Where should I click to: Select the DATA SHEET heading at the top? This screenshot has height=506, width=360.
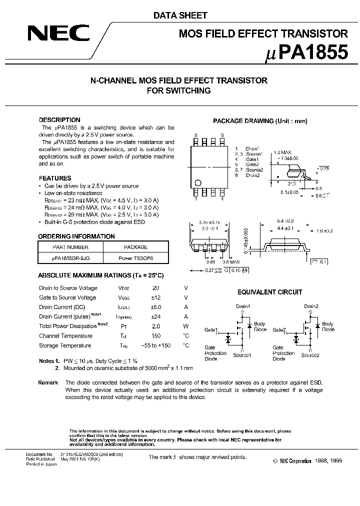coord(180,15)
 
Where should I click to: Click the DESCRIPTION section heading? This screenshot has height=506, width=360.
coord(59,120)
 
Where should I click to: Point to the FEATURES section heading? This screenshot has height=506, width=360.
coord(55,178)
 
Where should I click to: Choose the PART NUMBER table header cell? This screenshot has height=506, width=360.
coord(70,247)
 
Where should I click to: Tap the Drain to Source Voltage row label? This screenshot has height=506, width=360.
coord(68,288)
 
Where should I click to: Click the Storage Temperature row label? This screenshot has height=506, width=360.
coord(65,345)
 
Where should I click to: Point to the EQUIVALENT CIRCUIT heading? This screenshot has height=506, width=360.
coord(269,292)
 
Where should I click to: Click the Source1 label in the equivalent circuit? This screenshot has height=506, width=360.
coord(242,354)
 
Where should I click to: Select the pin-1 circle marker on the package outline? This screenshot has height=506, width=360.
coord(198,182)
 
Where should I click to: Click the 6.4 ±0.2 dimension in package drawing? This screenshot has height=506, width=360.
coord(285,220)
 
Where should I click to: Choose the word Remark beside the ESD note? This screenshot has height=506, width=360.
coord(48,382)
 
